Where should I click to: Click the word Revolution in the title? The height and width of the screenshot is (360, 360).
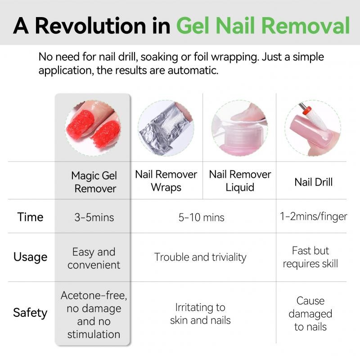[91, 26]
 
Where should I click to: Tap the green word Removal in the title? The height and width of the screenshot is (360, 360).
[306, 26]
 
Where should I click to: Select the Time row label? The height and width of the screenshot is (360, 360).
[30, 217]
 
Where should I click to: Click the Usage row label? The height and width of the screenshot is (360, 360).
[30, 257]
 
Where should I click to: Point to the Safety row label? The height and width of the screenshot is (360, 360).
[30, 313]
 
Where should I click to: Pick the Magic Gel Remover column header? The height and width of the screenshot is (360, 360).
[94, 182]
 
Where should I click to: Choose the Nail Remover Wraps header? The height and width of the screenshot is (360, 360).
[166, 181]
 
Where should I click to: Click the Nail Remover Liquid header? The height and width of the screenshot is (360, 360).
[240, 181]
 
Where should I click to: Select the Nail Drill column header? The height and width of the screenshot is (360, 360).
[313, 182]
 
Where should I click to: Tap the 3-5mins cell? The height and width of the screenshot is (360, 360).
[94, 217]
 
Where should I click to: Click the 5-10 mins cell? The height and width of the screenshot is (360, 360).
[201, 217]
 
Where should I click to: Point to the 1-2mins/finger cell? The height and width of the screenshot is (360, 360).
[313, 217]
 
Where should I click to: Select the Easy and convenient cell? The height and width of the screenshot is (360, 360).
[94, 258]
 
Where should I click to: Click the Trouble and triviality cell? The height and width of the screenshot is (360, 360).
[200, 257]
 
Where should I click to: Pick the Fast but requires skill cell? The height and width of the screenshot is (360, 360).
[310, 257]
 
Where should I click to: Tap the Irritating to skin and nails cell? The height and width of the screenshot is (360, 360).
[200, 314]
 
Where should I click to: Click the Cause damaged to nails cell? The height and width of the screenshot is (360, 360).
[310, 314]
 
